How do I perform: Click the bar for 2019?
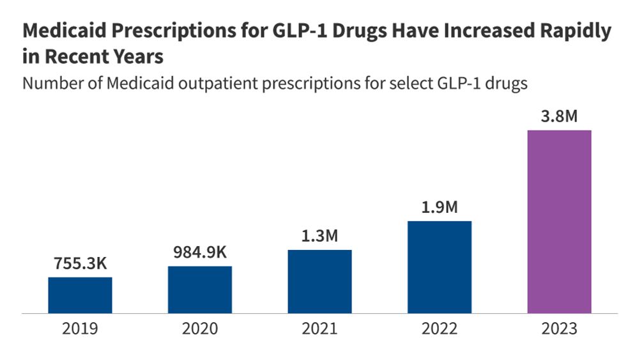(x=80, y=295)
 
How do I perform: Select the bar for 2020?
(x=200, y=290)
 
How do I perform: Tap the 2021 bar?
(x=319, y=281)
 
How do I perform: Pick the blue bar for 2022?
(x=440, y=267)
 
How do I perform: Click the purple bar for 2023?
(x=559, y=222)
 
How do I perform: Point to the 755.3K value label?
(x=80, y=263)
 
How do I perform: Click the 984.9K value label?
(x=200, y=252)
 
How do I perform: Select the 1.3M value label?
(x=319, y=236)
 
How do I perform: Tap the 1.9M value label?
(x=440, y=208)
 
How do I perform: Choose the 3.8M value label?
(x=559, y=116)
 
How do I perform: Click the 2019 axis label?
(x=80, y=329)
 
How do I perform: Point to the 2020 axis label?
(x=200, y=329)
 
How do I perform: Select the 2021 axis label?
(x=319, y=329)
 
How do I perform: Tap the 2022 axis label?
(x=440, y=329)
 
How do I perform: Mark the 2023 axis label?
(x=559, y=329)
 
